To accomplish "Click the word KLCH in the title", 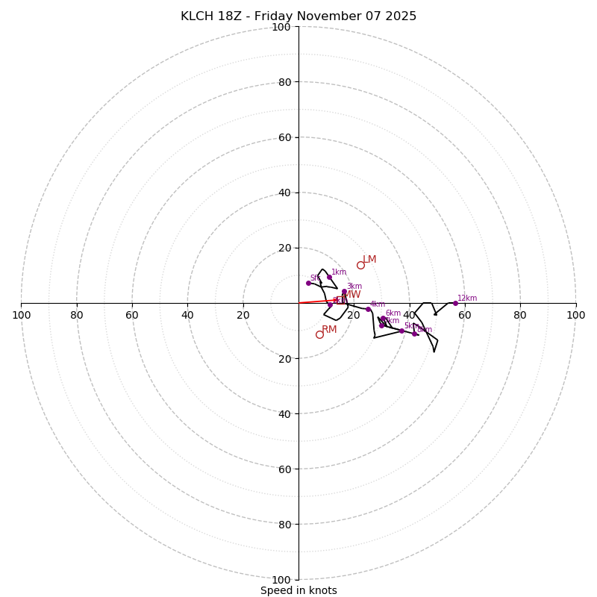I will (x=196, y=16).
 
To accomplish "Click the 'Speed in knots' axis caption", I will (x=298, y=590).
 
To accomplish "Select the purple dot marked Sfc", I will (x=308, y=283).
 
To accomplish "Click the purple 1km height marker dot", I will (x=329, y=278).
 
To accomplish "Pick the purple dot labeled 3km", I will (x=344, y=292).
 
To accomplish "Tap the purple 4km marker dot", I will (x=368, y=309).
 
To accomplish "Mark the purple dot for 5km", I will (x=401, y=331).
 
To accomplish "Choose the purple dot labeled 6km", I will (x=383, y=319).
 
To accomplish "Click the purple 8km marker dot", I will (x=414, y=334).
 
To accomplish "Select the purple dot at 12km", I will (x=455, y=303).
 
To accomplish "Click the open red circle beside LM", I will (x=360, y=265).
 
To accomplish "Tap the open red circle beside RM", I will (x=319, y=334).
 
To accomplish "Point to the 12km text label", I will (x=467, y=298).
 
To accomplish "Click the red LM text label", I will (x=369, y=260).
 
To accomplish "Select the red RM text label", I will (x=329, y=329).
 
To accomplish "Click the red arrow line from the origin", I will (x=317, y=301).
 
